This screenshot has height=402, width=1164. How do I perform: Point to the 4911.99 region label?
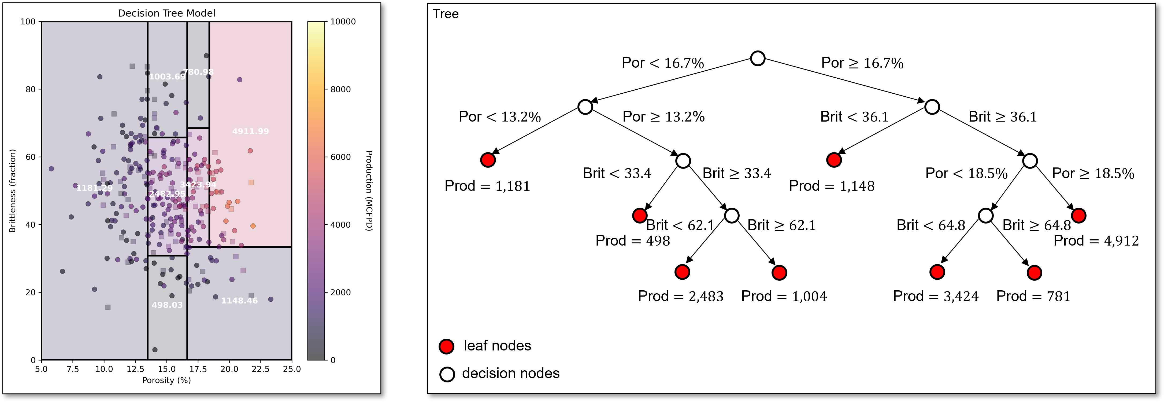coord(250,131)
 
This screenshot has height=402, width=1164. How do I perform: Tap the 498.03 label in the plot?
coord(167,305)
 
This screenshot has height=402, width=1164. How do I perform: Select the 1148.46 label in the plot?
coord(239,300)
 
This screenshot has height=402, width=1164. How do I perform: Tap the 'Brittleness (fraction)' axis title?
coord(13,191)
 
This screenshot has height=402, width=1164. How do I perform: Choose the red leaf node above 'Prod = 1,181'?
coord(488,160)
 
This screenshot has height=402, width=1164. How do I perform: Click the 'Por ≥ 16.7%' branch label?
coord(862,63)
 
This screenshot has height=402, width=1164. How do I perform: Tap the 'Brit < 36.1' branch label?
coord(854,117)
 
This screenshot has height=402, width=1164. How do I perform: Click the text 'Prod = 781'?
coord(1033,296)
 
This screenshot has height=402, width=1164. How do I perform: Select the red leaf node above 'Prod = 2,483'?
coord(682,272)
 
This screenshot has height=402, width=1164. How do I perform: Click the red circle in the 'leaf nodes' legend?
coord(446,346)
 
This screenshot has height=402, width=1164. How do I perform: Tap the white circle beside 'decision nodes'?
coord(447,374)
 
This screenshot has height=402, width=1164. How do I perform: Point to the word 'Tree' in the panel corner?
coord(446,14)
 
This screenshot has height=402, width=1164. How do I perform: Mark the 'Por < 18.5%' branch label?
coord(966,173)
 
